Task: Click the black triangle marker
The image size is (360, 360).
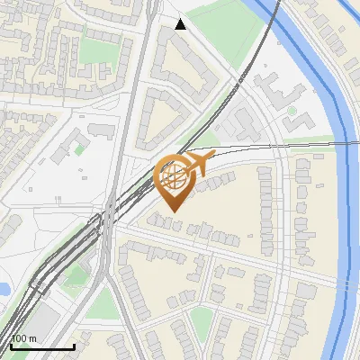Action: pos(180,24)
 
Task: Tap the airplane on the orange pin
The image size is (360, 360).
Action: pos(196,163)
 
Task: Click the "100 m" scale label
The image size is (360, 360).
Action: pos(23,338)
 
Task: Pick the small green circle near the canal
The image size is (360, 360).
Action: pos(292,112)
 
